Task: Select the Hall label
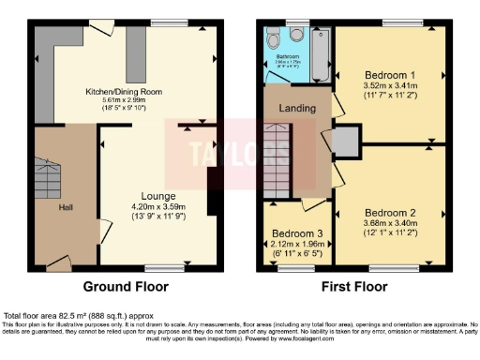(65, 207)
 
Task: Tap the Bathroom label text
(287, 56)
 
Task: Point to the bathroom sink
(296, 36)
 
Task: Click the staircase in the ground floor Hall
(49, 178)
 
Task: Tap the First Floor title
(356, 286)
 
